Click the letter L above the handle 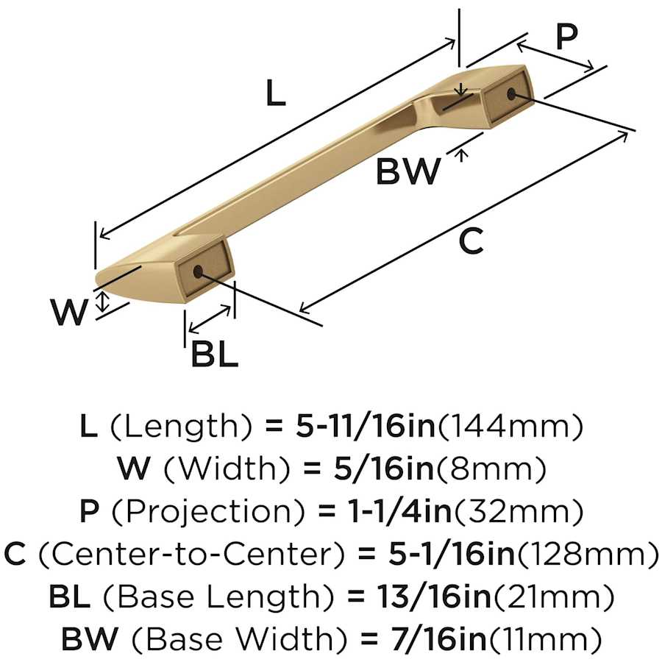point(276,93)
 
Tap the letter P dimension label point(566,36)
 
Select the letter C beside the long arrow point(471,241)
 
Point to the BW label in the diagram point(407,171)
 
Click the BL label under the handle point(215,354)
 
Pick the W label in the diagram point(69,312)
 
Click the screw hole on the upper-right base point(511,93)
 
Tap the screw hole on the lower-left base point(198,271)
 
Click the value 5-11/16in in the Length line point(365,426)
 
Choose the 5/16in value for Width point(384,469)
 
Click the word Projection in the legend point(208,511)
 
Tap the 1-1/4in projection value point(400,511)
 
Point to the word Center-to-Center point(192,554)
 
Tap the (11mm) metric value point(544,638)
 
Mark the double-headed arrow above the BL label point(210,319)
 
